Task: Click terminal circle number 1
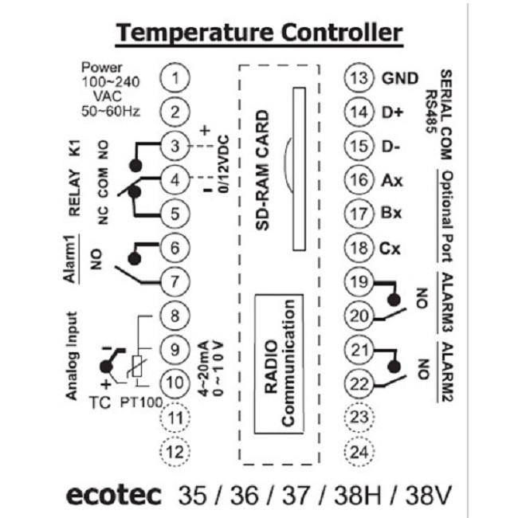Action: pyautogui.click(x=175, y=78)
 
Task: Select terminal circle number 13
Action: pyautogui.click(x=359, y=78)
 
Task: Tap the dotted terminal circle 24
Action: pyautogui.click(x=359, y=451)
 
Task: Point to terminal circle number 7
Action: pyautogui.click(x=175, y=282)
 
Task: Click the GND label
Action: pyautogui.click(x=400, y=78)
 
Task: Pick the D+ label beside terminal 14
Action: pyautogui.click(x=392, y=112)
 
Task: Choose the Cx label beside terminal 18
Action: pyautogui.click(x=390, y=249)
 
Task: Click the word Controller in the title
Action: pyautogui.click(x=342, y=33)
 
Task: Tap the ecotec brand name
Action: pyautogui.click(x=113, y=495)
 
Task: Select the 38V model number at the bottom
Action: pyautogui.click(x=428, y=495)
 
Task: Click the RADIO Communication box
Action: pyautogui.click(x=279, y=363)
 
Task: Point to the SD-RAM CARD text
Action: pyautogui.click(x=263, y=170)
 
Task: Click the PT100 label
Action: pyautogui.click(x=141, y=402)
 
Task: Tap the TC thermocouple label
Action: pyautogui.click(x=100, y=402)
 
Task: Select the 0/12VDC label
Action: pyautogui.click(x=223, y=164)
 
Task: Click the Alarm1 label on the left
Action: pyautogui.click(x=70, y=259)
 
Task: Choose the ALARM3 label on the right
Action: pyautogui.click(x=447, y=301)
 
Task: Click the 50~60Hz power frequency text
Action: pyautogui.click(x=111, y=112)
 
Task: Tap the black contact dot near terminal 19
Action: pyautogui.click(x=394, y=300)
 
